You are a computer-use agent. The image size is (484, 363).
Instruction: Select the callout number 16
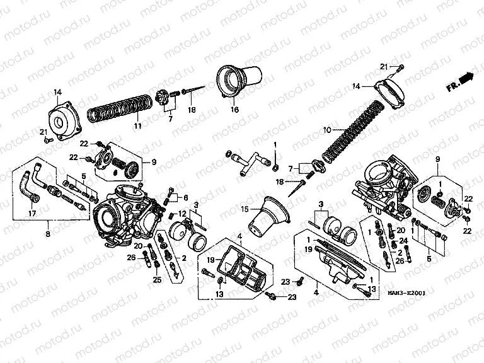[234, 110]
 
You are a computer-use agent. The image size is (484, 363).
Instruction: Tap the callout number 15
[245, 208]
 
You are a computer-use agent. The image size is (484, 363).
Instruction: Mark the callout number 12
[182, 214]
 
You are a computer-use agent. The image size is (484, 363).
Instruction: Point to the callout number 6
[186, 197]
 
